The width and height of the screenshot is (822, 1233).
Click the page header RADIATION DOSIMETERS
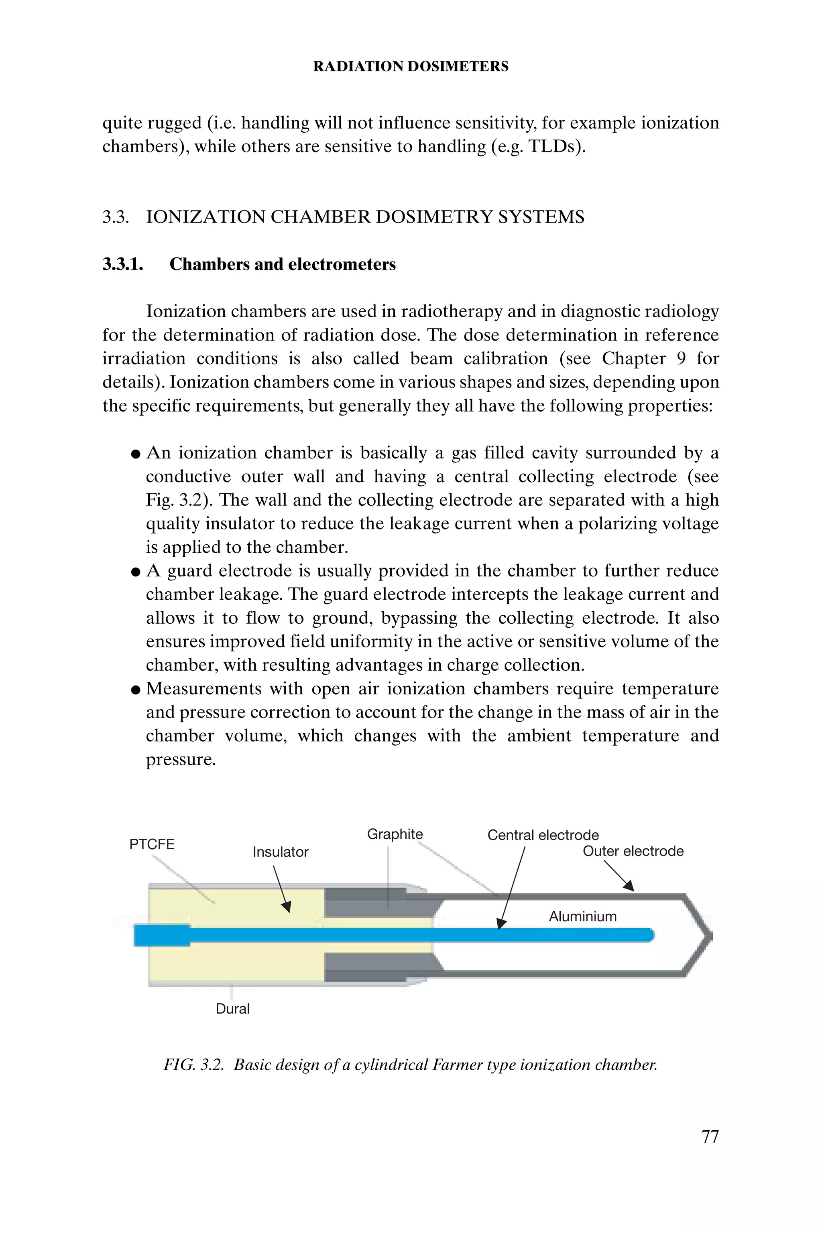click(411, 67)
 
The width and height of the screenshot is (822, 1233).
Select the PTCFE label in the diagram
click(151, 844)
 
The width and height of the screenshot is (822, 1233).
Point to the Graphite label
click(395, 834)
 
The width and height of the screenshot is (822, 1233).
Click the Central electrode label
click(543, 835)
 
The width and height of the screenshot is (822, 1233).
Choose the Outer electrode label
click(633, 851)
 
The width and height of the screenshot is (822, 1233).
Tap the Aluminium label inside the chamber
click(582, 916)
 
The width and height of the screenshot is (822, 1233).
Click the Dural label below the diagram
click(233, 1008)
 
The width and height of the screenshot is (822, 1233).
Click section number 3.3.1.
click(123, 264)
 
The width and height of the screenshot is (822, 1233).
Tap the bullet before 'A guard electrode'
click(136, 572)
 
